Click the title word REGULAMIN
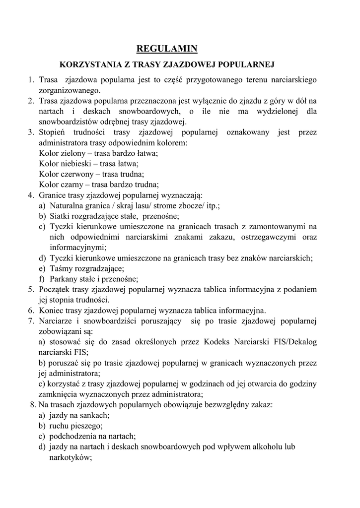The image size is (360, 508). pyautogui.click(x=167, y=48)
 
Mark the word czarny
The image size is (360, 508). pyautogui.click(x=72, y=185)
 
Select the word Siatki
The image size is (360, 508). pyautogui.click(x=60, y=216)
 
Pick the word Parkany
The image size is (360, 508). pyautogui.click(x=64, y=279)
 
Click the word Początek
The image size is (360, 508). pyautogui.click(x=56, y=289)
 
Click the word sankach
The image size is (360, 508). pyautogui.click(x=95, y=415)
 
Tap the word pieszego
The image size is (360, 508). pyautogui.click(x=87, y=426)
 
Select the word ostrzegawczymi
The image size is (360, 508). pyautogui.click(x=270, y=237)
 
